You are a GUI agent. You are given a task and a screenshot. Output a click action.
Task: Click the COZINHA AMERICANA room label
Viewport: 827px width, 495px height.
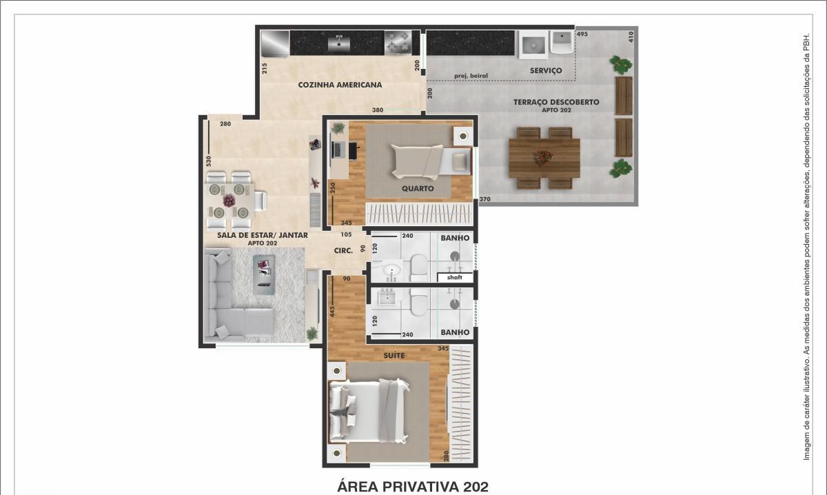click(x=340, y=85)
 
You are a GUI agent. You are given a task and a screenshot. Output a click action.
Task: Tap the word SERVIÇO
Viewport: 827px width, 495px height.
click(x=546, y=70)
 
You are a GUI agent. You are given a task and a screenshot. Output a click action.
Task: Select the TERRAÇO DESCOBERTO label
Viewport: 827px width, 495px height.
click(x=556, y=102)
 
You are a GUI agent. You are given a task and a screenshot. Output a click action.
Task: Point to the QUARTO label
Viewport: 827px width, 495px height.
click(x=418, y=188)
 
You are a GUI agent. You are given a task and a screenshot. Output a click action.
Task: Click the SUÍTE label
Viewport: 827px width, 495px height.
click(x=394, y=355)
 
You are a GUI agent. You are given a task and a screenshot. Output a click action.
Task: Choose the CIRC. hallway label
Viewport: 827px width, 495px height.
click(x=343, y=251)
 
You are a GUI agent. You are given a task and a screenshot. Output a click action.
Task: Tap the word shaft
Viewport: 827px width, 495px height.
click(x=454, y=277)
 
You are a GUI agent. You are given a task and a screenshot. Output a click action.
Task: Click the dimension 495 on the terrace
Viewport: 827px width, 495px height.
click(x=582, y=34)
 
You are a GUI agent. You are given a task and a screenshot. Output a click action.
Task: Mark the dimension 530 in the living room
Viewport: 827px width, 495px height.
click(x=209, y=161)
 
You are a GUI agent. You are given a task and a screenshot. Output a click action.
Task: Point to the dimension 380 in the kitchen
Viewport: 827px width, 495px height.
click(x=378, y=110)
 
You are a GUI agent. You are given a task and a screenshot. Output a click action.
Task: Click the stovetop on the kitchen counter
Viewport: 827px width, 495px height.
click(x=398, y=43)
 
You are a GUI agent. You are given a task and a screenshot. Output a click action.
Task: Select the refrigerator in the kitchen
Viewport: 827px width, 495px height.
click(x=275, y=43)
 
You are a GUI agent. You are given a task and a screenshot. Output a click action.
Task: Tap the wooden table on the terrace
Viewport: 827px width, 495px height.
click(x=544, y=158)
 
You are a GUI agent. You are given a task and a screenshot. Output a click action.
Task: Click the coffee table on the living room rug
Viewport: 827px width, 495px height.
click(x=264, y=274)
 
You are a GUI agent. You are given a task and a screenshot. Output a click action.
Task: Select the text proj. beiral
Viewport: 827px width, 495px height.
click(x=471, y=76)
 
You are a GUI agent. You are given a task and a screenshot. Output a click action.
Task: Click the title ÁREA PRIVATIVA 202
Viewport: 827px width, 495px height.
click(x=413, y=487)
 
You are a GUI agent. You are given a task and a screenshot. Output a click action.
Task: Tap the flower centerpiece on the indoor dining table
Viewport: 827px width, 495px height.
click(x=229, y=201)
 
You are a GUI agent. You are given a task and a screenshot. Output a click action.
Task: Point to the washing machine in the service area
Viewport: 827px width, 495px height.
click(x=533, y=45)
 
